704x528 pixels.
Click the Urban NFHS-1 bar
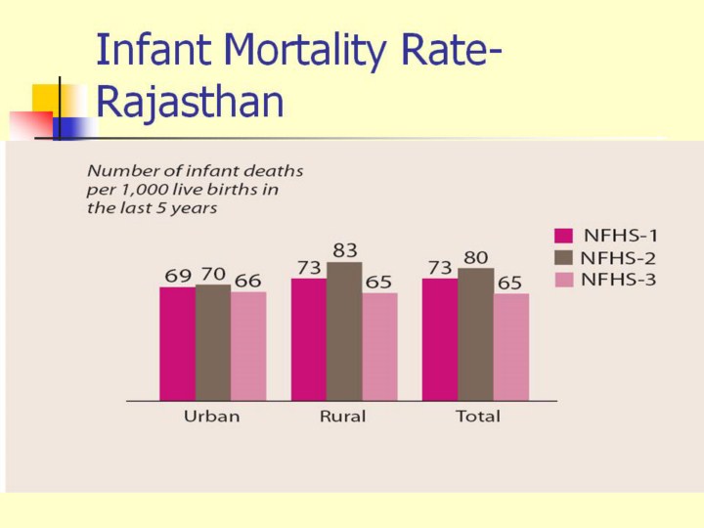point(177,343)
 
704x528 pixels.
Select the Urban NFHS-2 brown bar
point(212,342)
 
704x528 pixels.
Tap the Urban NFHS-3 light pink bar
point(248,346)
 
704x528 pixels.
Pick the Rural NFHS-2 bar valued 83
point(344,331)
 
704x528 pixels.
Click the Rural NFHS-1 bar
point(309,339)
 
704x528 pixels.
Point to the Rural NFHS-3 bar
point(379,346)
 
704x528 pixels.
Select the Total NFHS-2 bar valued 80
point(475,334)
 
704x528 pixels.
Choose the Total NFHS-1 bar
point(440,339)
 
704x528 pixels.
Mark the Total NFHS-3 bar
point(510,346)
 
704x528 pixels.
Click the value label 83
point(344,251)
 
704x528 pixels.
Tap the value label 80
point(475,257)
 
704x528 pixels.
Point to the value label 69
point(178,276)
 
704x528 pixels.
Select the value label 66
point(247,281)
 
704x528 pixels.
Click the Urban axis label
point(211,417)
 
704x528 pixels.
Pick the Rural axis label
point(342,417)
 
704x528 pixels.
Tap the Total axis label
point(477,417)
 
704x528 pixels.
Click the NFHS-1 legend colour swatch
point(563,235)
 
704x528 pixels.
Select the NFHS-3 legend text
point(621,280)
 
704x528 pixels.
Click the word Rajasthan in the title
point(191,103)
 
